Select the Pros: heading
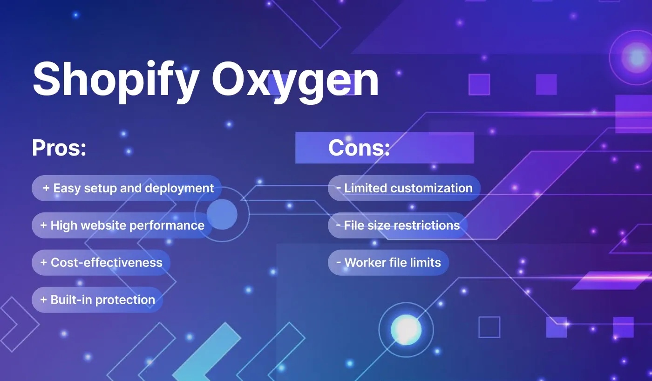(59, 148)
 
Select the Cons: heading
(359, 148)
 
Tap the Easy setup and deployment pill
(127, 188)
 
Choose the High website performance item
(122, 225)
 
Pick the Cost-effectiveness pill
(101, 262)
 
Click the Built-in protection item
(97, 299)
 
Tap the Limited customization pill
(404, 188)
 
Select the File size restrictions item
(397, 225)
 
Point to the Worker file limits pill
(388, 262)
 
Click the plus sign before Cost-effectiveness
(44, 262)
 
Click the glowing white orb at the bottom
(406, 329)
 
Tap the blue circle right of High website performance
(222, 214)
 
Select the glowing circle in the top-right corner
(637, 57)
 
